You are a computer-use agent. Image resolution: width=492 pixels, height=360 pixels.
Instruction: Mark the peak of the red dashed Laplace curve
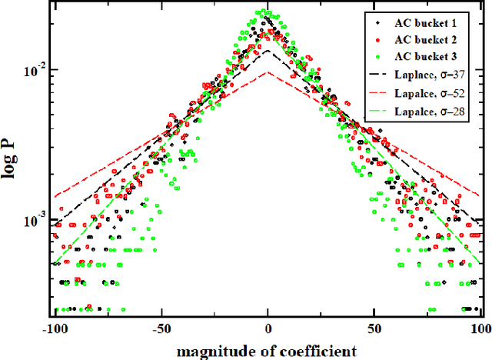tap(268, 73)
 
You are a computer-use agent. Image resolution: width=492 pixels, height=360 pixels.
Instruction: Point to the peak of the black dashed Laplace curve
tap(268, 52)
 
